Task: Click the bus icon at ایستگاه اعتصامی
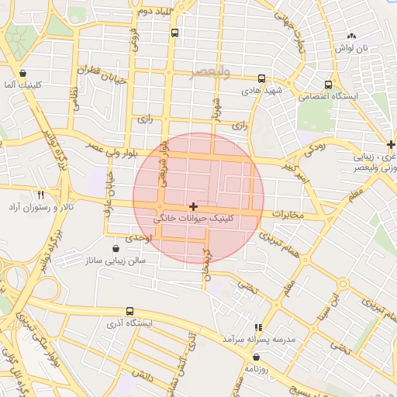329,85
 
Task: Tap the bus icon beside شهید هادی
262,78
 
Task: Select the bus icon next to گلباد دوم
174,33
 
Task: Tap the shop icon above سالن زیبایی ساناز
116,248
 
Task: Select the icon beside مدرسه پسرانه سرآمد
257,328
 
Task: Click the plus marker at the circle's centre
193,206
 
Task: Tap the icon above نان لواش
351,36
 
